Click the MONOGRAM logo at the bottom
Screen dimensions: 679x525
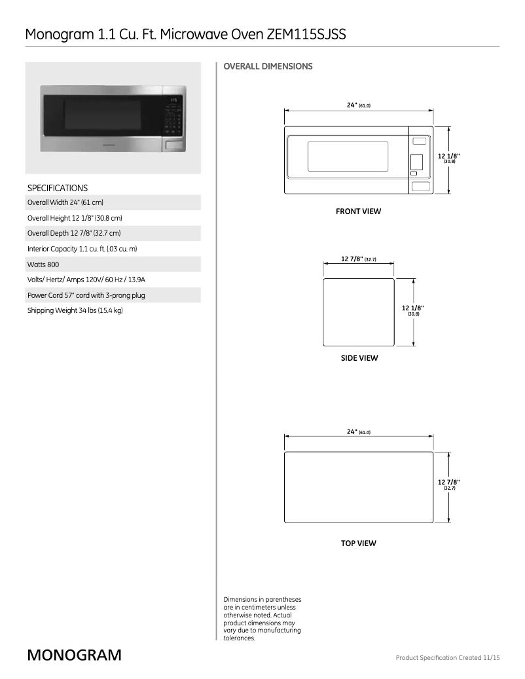pyautogui.click(x=74, y=655)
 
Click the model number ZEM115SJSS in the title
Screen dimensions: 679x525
pyautogui.click(x=306, y=35)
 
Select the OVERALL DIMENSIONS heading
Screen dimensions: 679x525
pyautogui.click(x=268, y=66)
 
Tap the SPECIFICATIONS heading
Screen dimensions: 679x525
pyautogui.click(x=58, y=188)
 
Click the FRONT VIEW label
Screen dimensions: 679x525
pyautogui.click(x=358, y=211)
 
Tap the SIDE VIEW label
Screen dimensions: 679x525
pyautogui.click(x=359, y=358)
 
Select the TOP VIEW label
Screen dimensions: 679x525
pyautogui.click(x=358, y=543)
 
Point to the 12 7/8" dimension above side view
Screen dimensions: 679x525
pyautogui.click(x=358, y=259)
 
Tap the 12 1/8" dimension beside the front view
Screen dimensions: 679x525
pyautogui.click(x=449, y=156)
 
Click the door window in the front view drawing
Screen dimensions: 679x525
pyautogui.click(x=348, y=156)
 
